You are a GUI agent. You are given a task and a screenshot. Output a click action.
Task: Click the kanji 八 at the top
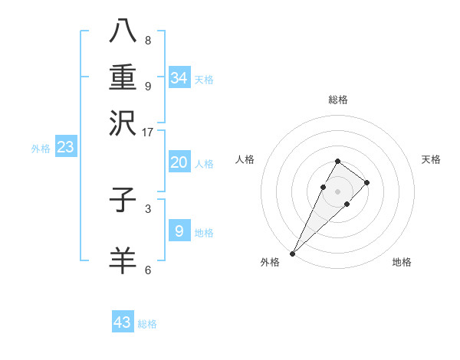[123, 31]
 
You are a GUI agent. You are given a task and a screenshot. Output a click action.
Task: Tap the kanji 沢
[123, 123]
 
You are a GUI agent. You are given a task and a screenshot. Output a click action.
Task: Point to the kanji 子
[123, 201]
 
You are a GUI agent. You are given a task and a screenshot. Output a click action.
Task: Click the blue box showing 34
[179, 78]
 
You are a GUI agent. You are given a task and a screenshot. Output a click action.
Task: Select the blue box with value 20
[179, 162]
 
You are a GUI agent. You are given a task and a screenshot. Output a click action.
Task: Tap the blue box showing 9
[179, 231]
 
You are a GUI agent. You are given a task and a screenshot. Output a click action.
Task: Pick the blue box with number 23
[65, 147]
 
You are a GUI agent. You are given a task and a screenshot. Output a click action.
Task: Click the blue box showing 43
[123, 322]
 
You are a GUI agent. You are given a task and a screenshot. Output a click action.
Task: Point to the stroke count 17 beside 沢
[148, 132]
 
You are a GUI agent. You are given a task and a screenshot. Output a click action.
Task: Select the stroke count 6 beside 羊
[148, 270]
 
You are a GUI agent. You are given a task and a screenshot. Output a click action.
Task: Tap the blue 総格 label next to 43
[147, 324]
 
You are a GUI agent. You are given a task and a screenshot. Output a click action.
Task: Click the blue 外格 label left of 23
[41, 149]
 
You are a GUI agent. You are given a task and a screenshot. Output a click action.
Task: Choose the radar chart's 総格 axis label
[337, 100]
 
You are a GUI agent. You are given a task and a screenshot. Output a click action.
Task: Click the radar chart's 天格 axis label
[431, 159]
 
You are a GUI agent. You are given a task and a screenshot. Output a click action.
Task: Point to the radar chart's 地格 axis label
[402, 263]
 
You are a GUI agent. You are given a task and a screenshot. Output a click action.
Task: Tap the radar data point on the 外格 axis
[292, 253]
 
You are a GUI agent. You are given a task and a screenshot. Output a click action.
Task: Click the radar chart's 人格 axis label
[245, 159]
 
